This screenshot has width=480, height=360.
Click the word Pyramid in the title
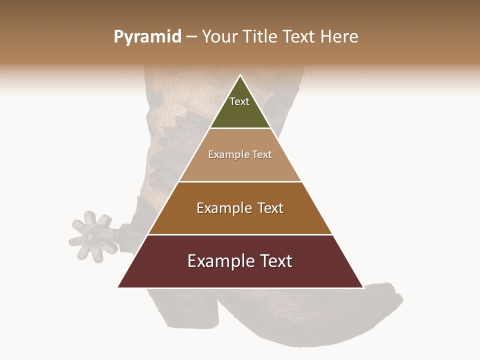pyautogui.click(x=147, y=37)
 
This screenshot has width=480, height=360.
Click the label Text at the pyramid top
pyautogui.click(x=239, y=101)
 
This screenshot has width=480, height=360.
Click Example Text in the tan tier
pyautogui.click(x=240, y=154)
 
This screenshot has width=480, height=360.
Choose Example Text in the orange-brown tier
pyautogui.click(x=240, y=208)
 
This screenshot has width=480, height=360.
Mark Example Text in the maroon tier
pyautogui.click(x=240, y=261)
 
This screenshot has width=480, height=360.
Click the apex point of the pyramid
pyautogui.click(x=240, y=76)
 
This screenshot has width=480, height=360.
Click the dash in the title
pyautogui.click(x=191, y=37)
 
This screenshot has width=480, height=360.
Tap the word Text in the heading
pyautogui.click(x=299, y=37)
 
